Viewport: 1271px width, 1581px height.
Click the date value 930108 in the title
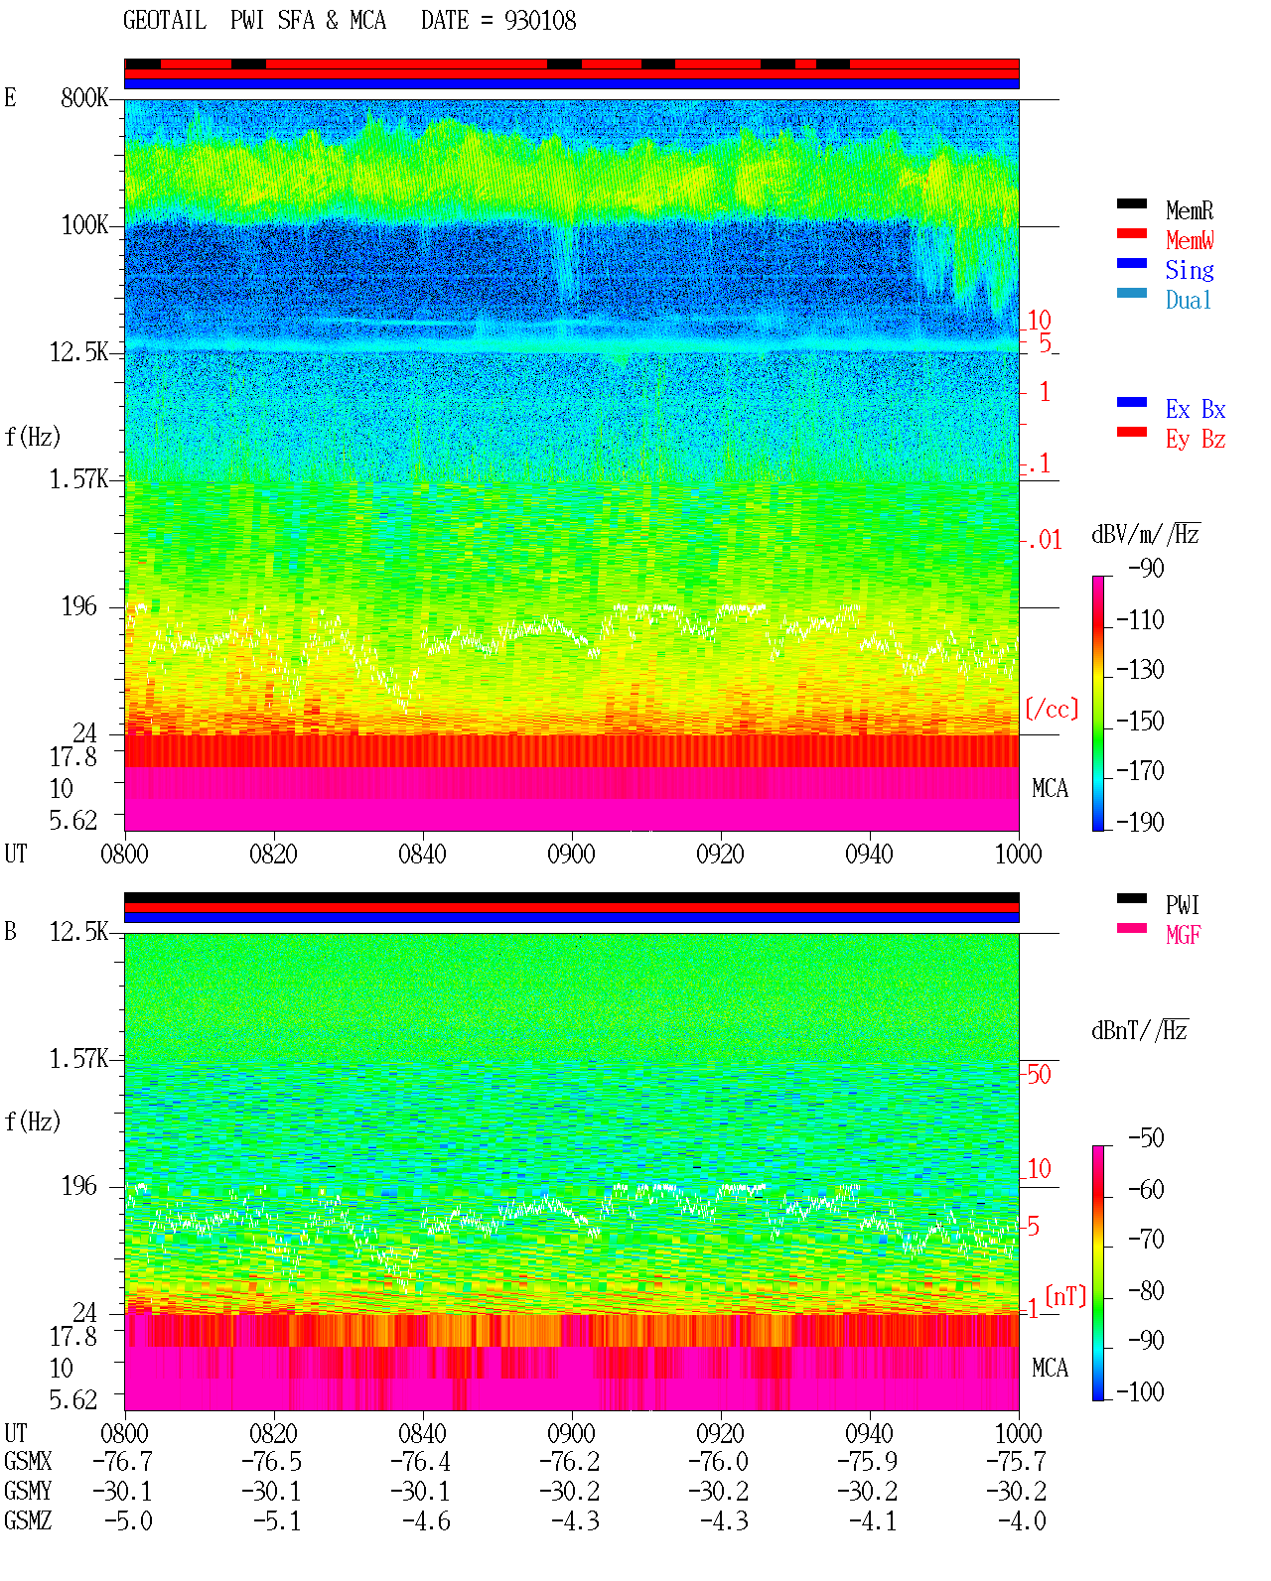(x=540, y=21)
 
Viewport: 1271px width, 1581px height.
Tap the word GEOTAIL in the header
(x=165, y=21)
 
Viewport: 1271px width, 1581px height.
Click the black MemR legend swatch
(x=1131, y=203)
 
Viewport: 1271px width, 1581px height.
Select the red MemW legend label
(x=1190, y=240)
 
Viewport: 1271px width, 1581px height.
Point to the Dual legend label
(x=1189, y=300)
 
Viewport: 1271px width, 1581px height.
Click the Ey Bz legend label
(x=1196, y=439)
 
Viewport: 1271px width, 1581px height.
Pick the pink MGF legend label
(x=1183, y=935)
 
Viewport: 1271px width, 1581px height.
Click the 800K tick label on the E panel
(x=84, y=97)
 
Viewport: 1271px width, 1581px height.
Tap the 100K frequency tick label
(x=84, y=225)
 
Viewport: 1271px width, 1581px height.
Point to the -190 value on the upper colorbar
(x=1140, y=822)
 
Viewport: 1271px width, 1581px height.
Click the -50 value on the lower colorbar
(x=1146, y=1138)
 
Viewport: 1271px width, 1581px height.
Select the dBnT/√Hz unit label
(x=1140, y=1030)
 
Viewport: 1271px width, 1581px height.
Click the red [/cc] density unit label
(x=1052, y=709)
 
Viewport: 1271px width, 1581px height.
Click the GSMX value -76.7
(x=122, y=1461)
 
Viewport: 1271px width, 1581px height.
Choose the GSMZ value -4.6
(x=426, y=1520)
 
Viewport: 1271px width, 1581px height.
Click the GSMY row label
(x=28, y=1491)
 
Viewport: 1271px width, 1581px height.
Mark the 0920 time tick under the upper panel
(x=721, y=854)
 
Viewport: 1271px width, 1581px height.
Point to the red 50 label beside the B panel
(x=1039, y=1074)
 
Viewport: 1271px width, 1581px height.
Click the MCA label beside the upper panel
(x=1050, y=788)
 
